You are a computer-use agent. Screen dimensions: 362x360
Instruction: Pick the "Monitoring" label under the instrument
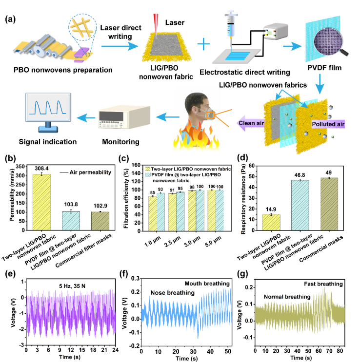pos(122,142)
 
